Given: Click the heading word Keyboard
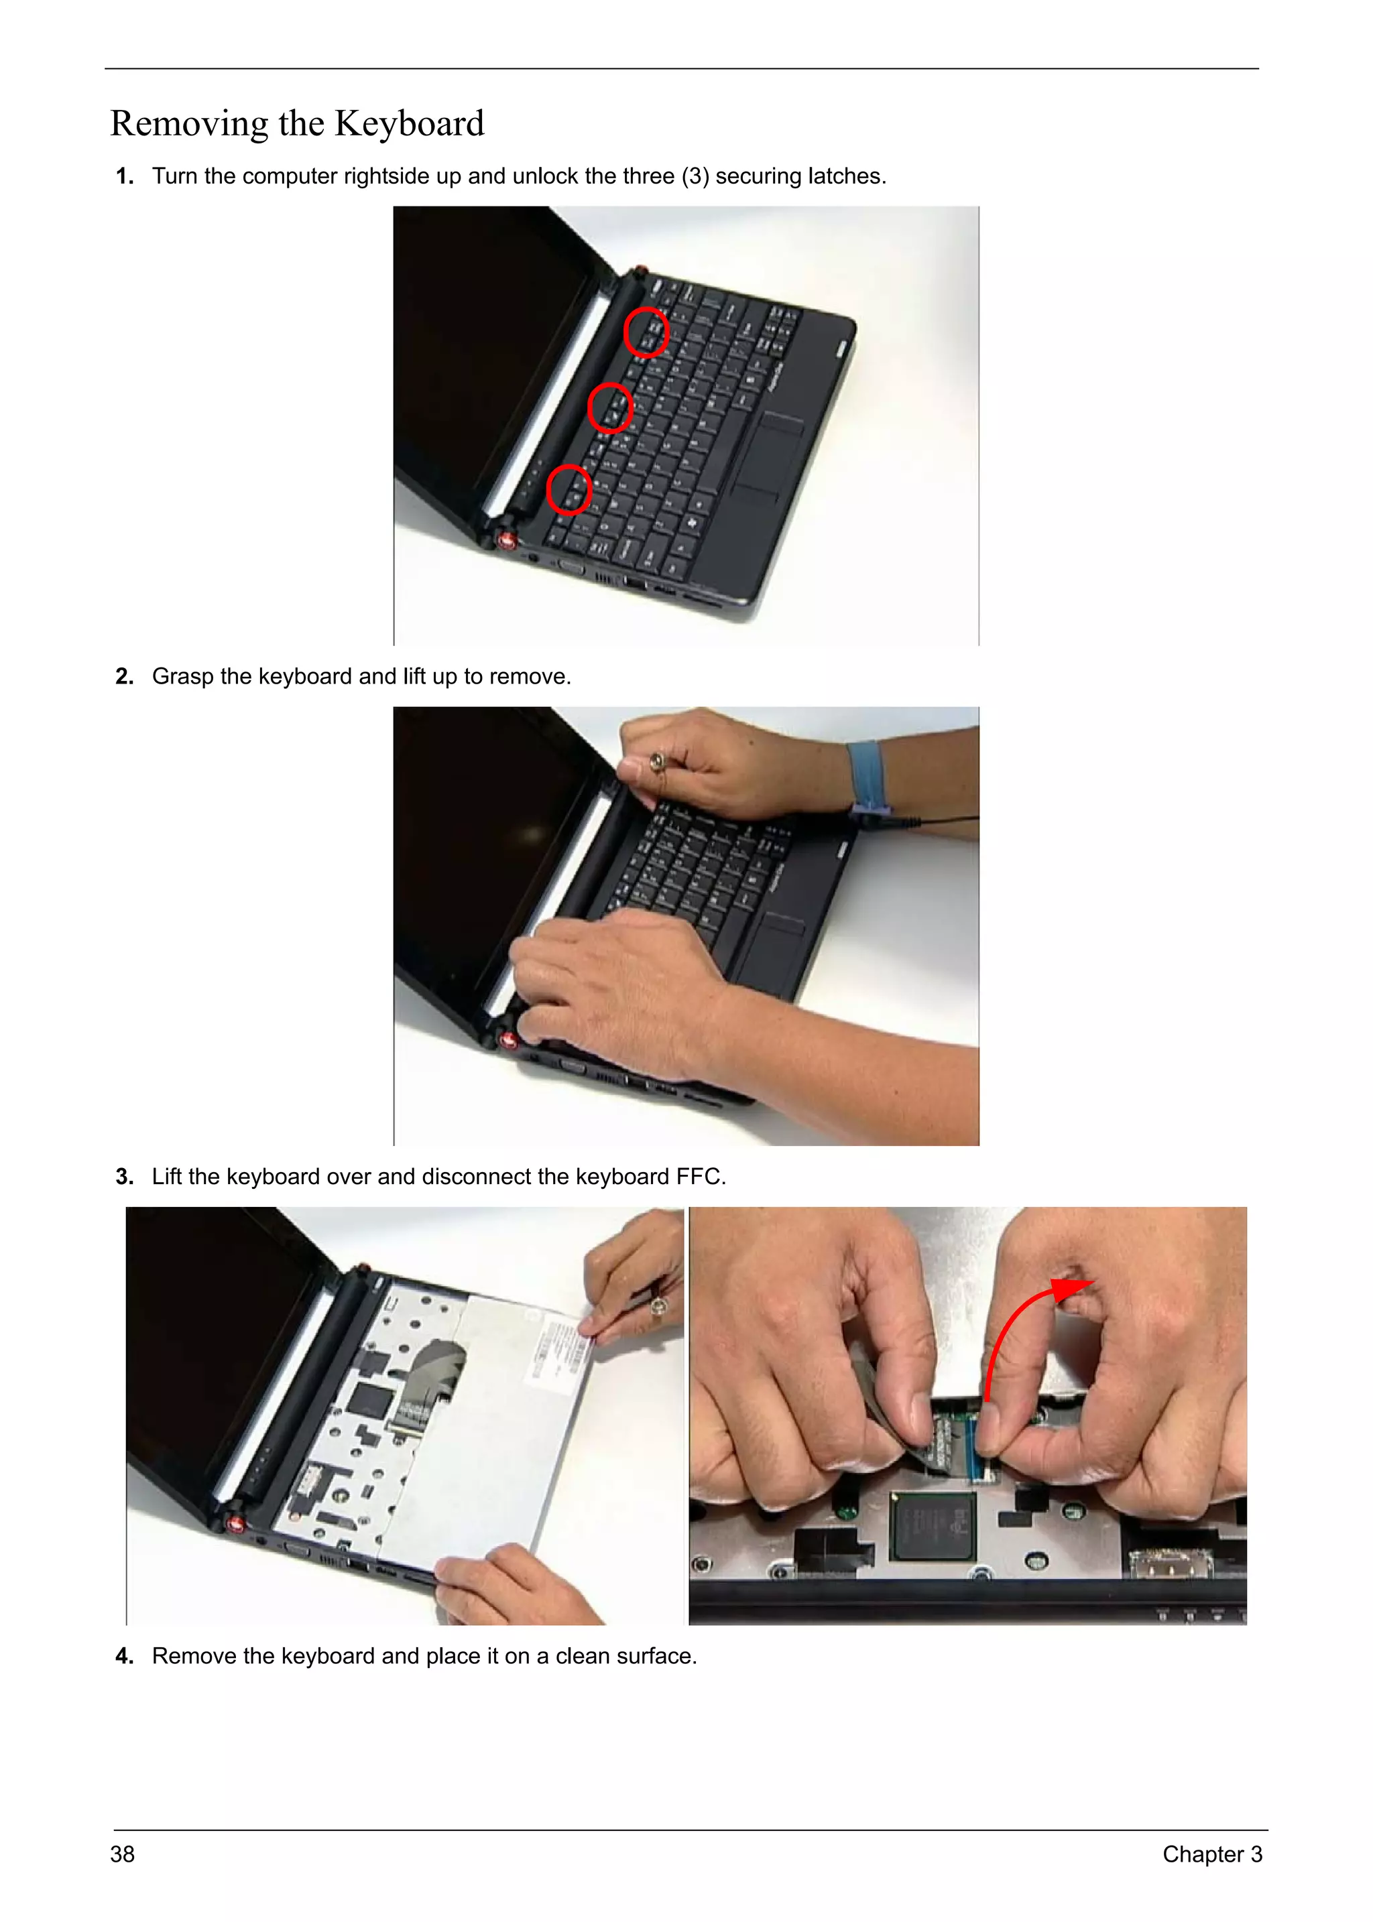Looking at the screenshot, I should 409,123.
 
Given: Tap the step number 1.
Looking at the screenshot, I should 123,177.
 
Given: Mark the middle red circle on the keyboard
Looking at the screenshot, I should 609,407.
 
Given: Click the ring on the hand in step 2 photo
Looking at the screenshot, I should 657,764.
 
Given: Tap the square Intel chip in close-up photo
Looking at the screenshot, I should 933,1527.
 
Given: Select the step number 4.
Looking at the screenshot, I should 124,1656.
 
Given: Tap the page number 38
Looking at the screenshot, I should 123,1854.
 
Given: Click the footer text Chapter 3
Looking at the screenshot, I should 1211,1854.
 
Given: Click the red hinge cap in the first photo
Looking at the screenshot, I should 508,540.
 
